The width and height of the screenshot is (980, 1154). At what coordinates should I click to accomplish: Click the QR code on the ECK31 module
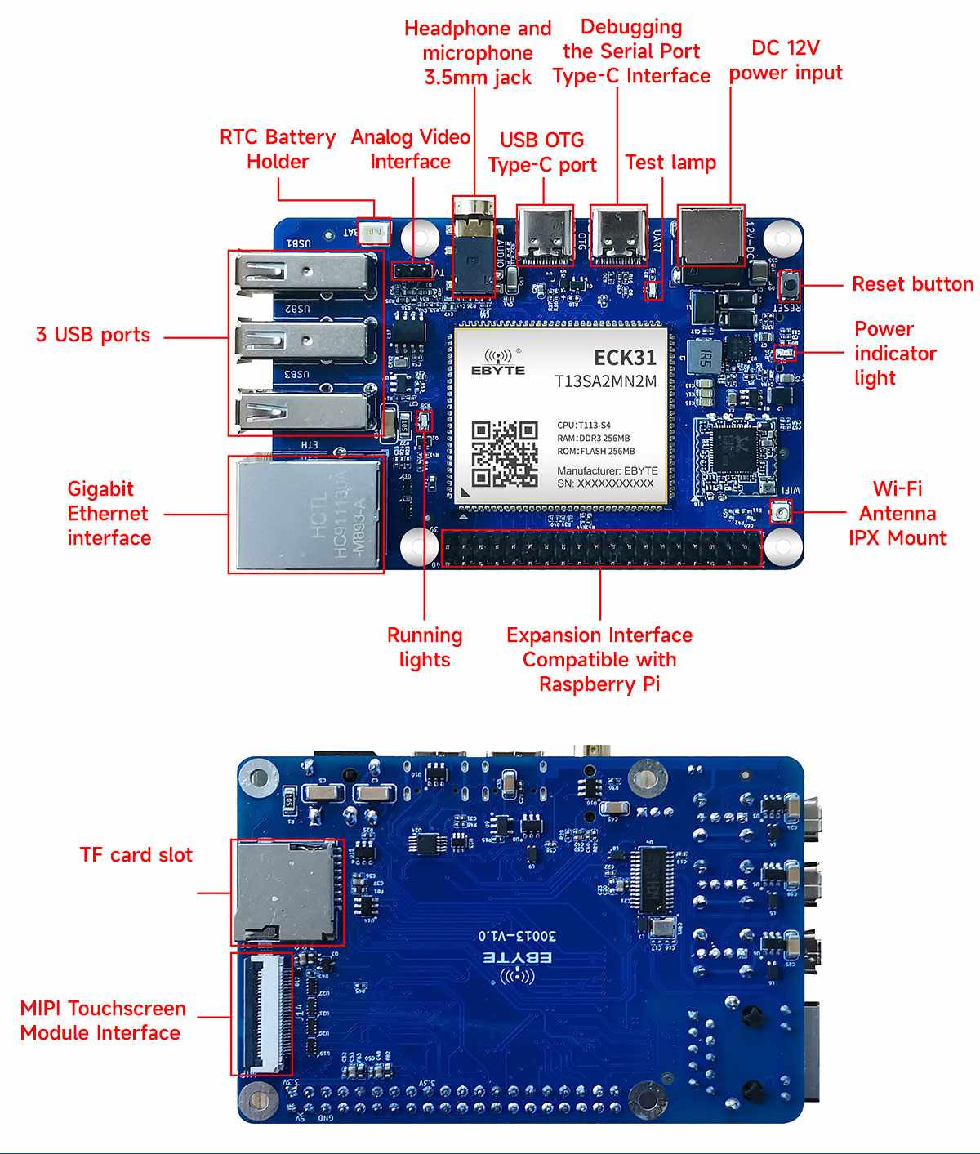point(505,454)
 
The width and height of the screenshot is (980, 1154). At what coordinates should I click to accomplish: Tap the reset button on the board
point(790,285)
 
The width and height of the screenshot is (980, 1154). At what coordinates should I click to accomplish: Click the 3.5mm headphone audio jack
point(474,245)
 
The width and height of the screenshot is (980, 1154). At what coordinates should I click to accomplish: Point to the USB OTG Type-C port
point(545,234)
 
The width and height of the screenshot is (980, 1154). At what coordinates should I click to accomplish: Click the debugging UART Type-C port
point(618,234)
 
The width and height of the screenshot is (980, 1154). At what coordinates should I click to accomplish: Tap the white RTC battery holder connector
point(375,232)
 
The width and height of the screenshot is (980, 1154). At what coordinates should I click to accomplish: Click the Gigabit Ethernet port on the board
point(306,514)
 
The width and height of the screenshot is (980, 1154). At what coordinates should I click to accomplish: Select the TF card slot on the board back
point(286,892)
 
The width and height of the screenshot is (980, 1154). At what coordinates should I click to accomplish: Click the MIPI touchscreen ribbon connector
point(261,1013)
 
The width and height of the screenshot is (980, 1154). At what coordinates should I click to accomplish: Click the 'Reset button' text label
point(912,284)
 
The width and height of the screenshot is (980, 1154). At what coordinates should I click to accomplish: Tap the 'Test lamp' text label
point(670,163)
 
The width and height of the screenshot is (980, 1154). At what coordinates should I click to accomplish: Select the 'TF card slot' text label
point(136,855)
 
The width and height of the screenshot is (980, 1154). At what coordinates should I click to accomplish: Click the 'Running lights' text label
point(425,648)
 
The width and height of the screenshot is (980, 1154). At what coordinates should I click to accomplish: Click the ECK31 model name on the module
point(625,358)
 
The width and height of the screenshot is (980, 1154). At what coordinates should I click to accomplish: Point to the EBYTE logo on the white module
point(498,363)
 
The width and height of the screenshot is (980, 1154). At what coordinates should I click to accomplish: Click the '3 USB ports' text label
point(93,335)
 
